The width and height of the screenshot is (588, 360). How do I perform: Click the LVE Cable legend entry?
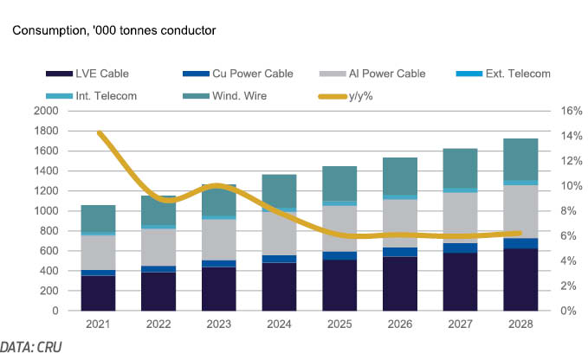click(87, 74)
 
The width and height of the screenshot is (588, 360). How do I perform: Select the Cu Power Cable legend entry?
click(238, 74)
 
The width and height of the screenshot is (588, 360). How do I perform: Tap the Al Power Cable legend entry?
click(372, 74)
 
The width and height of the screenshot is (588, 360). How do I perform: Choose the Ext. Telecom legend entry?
click(503, 74)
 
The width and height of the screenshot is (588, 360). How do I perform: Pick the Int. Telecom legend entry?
click(91, 96)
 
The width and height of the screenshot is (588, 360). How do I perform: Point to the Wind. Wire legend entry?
click(224, 96)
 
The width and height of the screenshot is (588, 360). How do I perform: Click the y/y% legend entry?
click(346, 96)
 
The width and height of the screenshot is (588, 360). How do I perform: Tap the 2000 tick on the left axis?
click(46, 111)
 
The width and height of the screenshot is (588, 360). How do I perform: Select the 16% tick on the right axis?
click(572, 111)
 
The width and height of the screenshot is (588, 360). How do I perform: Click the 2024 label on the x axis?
click(279, 324)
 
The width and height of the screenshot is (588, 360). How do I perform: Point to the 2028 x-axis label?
click(520, 324)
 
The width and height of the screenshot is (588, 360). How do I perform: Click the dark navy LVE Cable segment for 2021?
click(98, 293)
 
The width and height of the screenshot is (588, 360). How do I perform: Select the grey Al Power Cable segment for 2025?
click(339, 228)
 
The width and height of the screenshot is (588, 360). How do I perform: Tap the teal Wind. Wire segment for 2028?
click(520, 159)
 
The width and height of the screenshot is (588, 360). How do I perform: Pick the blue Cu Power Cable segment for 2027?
click(460, 248)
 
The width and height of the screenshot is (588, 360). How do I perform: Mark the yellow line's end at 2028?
click(520, 234)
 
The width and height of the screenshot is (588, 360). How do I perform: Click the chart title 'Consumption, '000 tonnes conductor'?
click(114, 30)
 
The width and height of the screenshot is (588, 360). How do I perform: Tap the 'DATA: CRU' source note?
click(31, 347)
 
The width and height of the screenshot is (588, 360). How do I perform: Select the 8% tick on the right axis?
click(568, 211)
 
